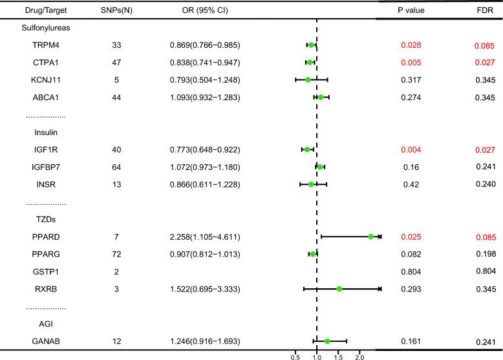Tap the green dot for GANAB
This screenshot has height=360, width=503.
[x=327, y=341]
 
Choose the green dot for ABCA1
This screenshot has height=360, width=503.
[x=321, y=98]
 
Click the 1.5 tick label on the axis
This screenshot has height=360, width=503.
[x=338, y=355]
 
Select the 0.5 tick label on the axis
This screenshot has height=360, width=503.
[x=295, y=355]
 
